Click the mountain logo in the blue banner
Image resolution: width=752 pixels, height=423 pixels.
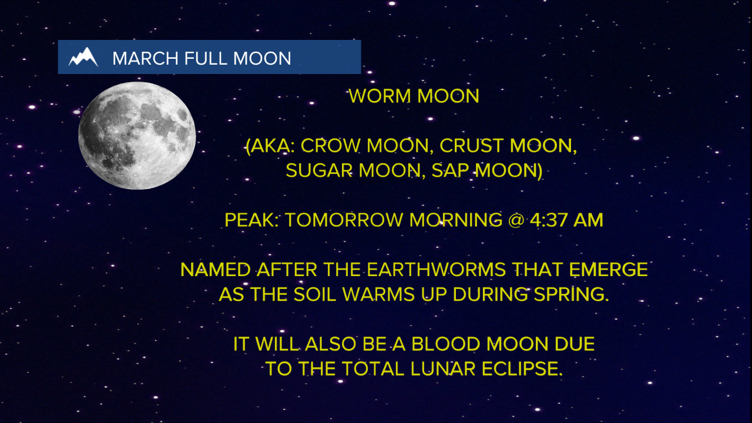coord(83,57)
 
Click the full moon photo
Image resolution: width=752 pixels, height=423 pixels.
coord(137,136)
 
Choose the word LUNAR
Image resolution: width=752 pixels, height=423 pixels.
coord(437,369)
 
